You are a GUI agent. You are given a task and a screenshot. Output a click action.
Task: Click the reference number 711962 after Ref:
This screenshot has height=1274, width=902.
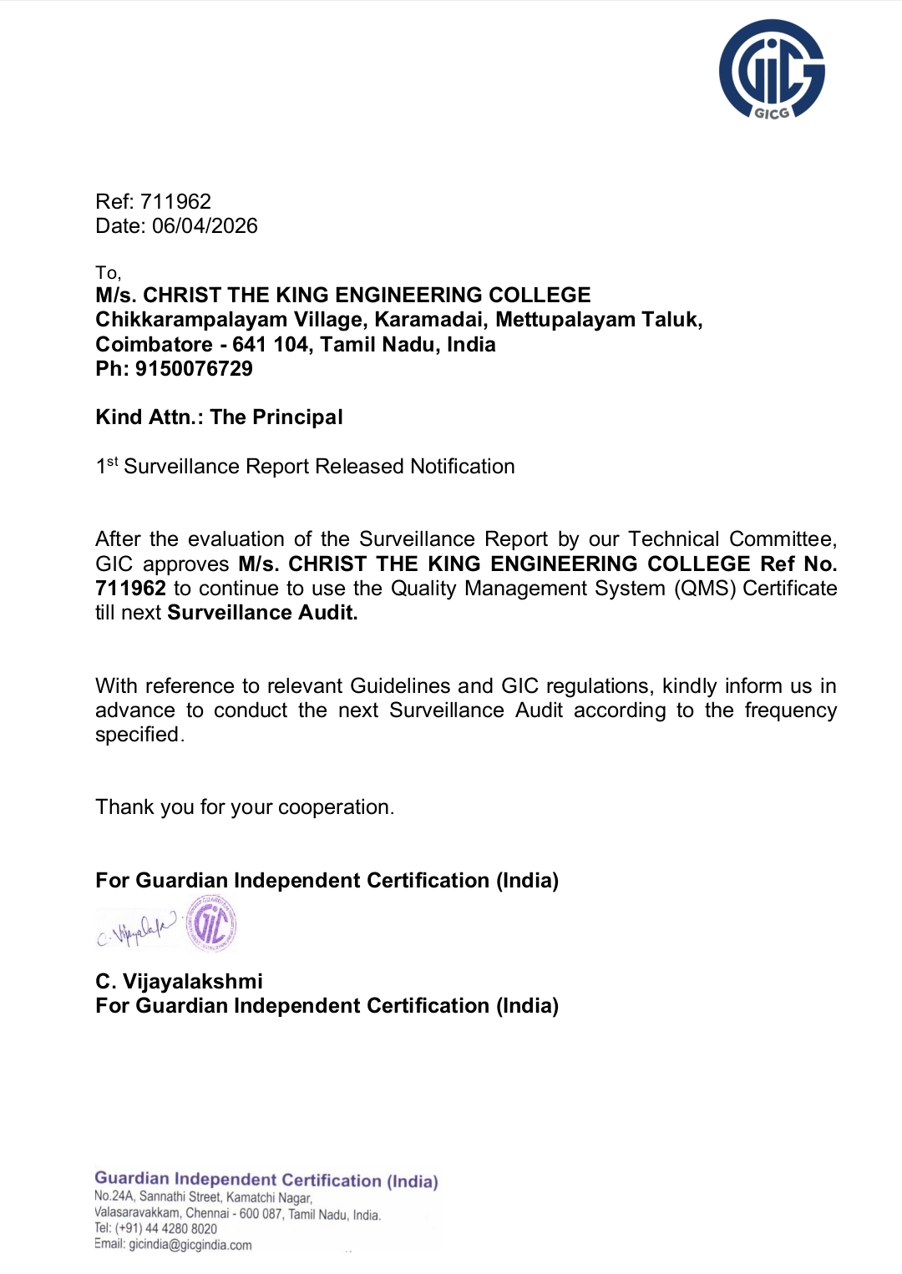tap(175, 201)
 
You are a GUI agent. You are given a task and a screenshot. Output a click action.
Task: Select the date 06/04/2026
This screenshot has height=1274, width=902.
tap(205, 226)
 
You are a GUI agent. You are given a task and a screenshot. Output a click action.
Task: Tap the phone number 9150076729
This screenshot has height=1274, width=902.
tap(194, 369)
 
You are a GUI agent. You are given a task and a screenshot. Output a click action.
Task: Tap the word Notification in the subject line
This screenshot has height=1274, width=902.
tap(462, 467)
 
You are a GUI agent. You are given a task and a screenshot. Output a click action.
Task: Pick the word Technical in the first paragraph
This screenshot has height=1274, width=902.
tap(673, 539)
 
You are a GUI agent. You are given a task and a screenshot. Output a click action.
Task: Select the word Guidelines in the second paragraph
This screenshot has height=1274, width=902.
tap(403, 686)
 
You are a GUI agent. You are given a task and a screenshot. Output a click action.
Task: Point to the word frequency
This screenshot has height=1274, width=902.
tap(790, 710)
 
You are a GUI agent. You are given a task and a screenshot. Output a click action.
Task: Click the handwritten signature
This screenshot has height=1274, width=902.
tap(137, 929)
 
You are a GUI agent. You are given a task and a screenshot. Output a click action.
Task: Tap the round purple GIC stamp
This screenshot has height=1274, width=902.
tap(211, 924)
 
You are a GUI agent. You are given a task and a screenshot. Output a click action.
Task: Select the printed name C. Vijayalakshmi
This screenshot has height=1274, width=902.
tap(179, 982)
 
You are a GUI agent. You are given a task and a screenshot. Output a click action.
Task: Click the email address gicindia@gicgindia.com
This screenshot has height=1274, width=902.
tap(190, 1245)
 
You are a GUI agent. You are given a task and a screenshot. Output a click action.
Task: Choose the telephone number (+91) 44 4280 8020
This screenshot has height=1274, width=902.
tap(165, 1229)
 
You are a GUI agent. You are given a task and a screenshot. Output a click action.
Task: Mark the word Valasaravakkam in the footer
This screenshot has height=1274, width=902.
tap(138, 1213)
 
